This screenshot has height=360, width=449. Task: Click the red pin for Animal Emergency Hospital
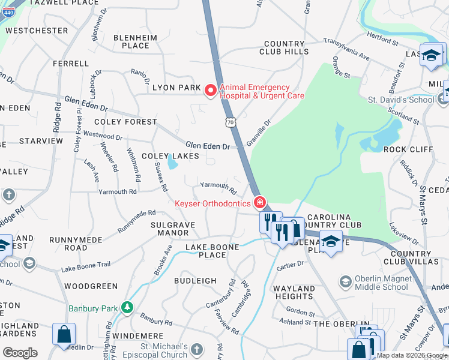[x=210, y=91]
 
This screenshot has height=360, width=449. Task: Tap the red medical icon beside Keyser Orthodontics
[x=259, y=203]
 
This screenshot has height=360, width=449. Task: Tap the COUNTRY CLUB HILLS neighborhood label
[x=285, y=48]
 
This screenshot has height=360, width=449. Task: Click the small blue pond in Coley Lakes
[x=173, y=161]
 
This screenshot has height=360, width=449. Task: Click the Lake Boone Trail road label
[x=86, y=265]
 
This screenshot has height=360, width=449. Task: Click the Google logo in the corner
[x=20, y=353]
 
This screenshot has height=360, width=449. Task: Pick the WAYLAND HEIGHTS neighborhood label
[x=294, y=293]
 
